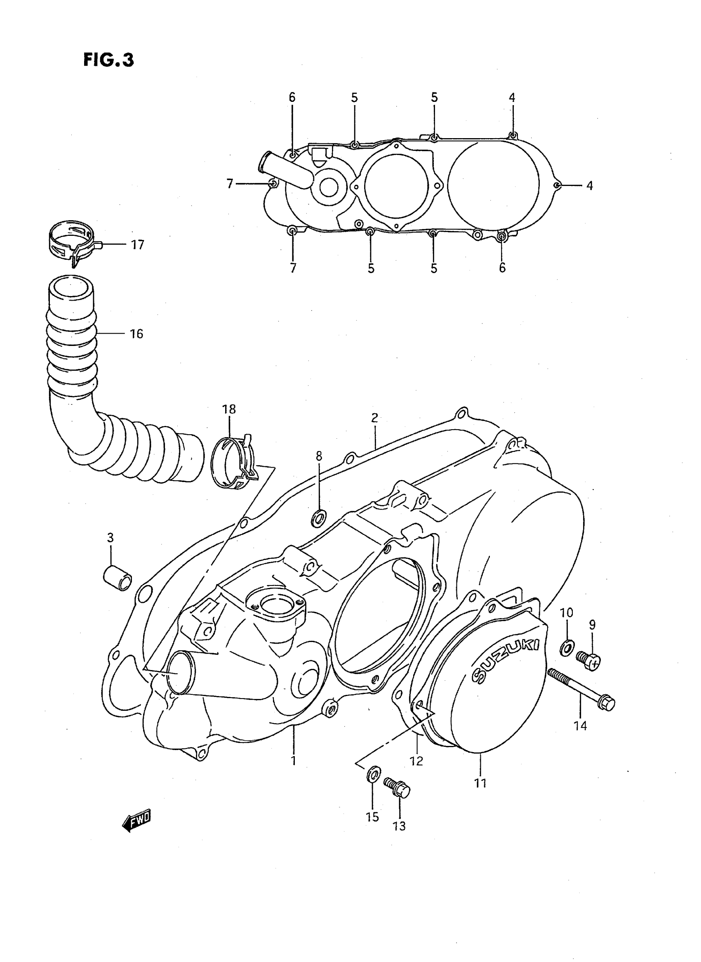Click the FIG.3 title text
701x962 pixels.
point(108,60)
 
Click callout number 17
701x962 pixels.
point(137,245)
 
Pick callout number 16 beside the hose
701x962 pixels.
point(136,334)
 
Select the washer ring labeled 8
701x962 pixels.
point(319,518)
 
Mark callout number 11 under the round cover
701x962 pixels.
point(480,783)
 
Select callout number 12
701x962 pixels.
point(417,761)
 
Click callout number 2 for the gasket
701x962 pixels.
point(374,418)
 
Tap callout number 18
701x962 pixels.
point(229,409)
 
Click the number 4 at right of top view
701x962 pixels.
point(589,186)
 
